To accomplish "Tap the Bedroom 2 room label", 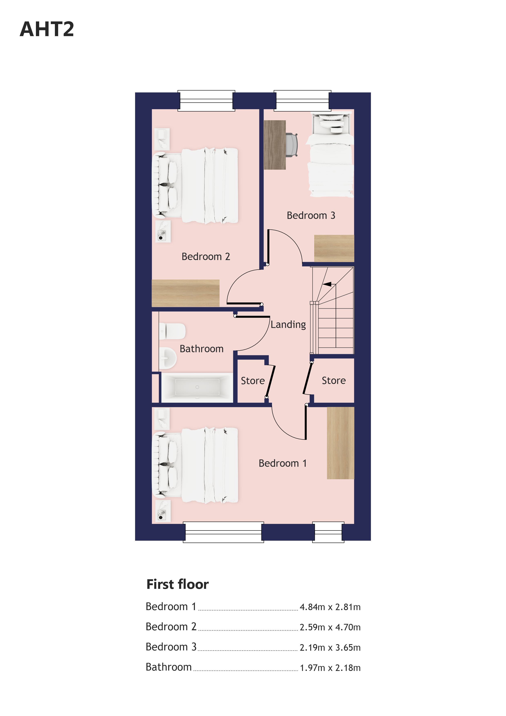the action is click(206, 257).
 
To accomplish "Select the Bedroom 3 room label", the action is click(311, 216).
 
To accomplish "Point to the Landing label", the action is click(288, 325).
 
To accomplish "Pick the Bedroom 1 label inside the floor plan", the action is click(282, 463).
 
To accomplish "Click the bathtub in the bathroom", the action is click(197, 387).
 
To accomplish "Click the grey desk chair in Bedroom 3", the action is click(292, 145).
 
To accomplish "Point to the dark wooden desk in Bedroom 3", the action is click(275, 145).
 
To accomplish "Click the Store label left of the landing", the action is click(253, 381).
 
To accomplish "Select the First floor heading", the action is click(177, 584).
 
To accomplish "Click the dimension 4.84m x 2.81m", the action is click(330, 607).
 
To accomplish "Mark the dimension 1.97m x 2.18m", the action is click(330, 668).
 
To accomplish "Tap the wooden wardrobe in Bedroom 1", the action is click(341, 443).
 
